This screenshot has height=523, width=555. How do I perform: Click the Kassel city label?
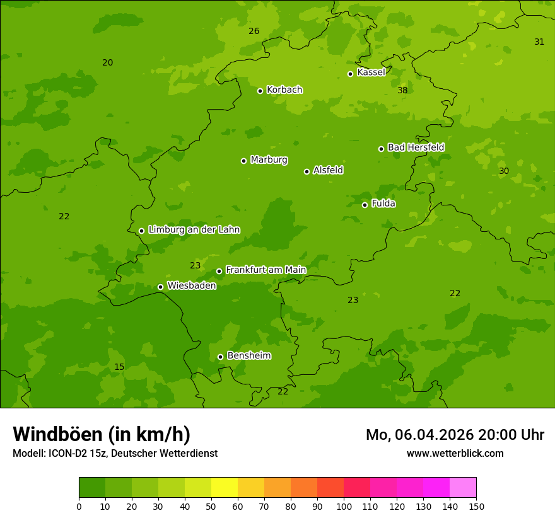tap(371, 72)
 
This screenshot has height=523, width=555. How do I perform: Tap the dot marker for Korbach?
tap(260, 91)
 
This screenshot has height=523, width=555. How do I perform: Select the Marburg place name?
tap(269, 160)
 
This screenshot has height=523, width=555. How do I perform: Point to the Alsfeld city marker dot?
tap(307, 171)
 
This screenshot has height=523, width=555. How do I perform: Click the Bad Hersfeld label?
tap(416, 147)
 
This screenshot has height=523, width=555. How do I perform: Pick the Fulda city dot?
tap(365, 205)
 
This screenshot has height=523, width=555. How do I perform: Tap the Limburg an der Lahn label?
tap(194, 230)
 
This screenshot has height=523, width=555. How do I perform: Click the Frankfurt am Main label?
tap(266, 270)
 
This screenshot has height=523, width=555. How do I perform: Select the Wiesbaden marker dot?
tap(160, 287)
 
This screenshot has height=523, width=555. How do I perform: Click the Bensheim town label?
tap(248, 356)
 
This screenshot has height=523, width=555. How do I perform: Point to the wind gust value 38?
tap(402, 91)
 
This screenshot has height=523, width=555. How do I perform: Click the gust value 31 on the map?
tap(539, 42)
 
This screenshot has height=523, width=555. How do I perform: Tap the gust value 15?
tap(119, 367)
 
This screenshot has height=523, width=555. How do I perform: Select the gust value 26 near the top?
tap(254, 32)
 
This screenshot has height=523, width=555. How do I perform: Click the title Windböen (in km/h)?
tap(102, 434)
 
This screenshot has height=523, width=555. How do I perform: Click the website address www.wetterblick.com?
tap(455, 454)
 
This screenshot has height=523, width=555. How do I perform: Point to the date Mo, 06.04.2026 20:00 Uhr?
tap(455, 435)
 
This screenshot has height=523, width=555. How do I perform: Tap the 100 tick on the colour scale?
tap(344, 506)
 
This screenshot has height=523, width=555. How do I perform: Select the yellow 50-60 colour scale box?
tap(225, 488)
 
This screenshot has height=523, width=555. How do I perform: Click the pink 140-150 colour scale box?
tap(463, 488)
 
